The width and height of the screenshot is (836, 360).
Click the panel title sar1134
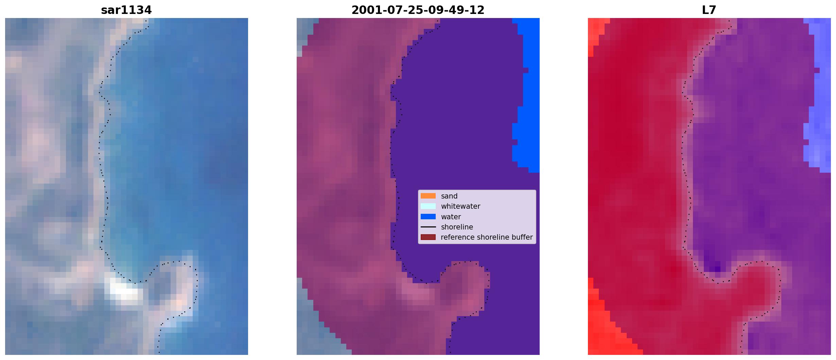[126, 10]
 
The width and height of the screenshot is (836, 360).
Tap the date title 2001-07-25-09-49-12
[418, 10]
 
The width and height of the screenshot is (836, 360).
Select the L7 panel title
[709, 10]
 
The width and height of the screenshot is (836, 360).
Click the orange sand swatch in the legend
[428, 196]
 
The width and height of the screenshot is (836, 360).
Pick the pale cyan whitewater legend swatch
[428, 206]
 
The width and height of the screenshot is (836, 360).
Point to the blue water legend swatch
[428, 217]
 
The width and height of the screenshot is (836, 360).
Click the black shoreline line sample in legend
[428, 227]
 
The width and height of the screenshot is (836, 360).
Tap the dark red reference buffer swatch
[428, 237]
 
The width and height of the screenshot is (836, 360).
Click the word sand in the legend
[449, 196]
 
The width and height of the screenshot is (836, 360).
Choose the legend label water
[451, 217]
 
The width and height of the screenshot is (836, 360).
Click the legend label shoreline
[457, 227]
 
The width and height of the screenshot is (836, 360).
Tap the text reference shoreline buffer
[487, 237]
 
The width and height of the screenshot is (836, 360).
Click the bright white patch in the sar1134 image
[123, 290]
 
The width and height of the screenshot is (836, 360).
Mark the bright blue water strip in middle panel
[526, 95]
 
